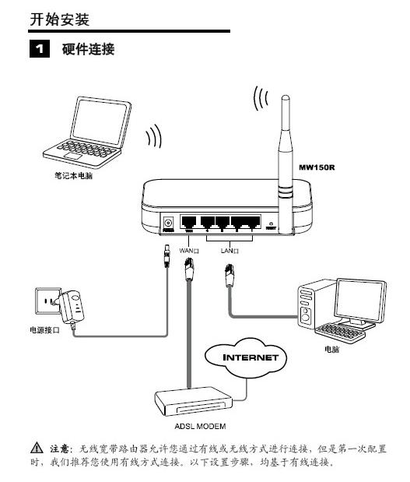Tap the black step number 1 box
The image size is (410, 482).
pos(37,49)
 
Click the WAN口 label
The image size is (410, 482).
pos(191,251)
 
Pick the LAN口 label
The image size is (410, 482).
pos(230,251)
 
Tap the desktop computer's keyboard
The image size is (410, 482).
pos(342,332)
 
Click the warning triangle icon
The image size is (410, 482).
pos(37,449)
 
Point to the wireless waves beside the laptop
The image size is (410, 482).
pos(154,137)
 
